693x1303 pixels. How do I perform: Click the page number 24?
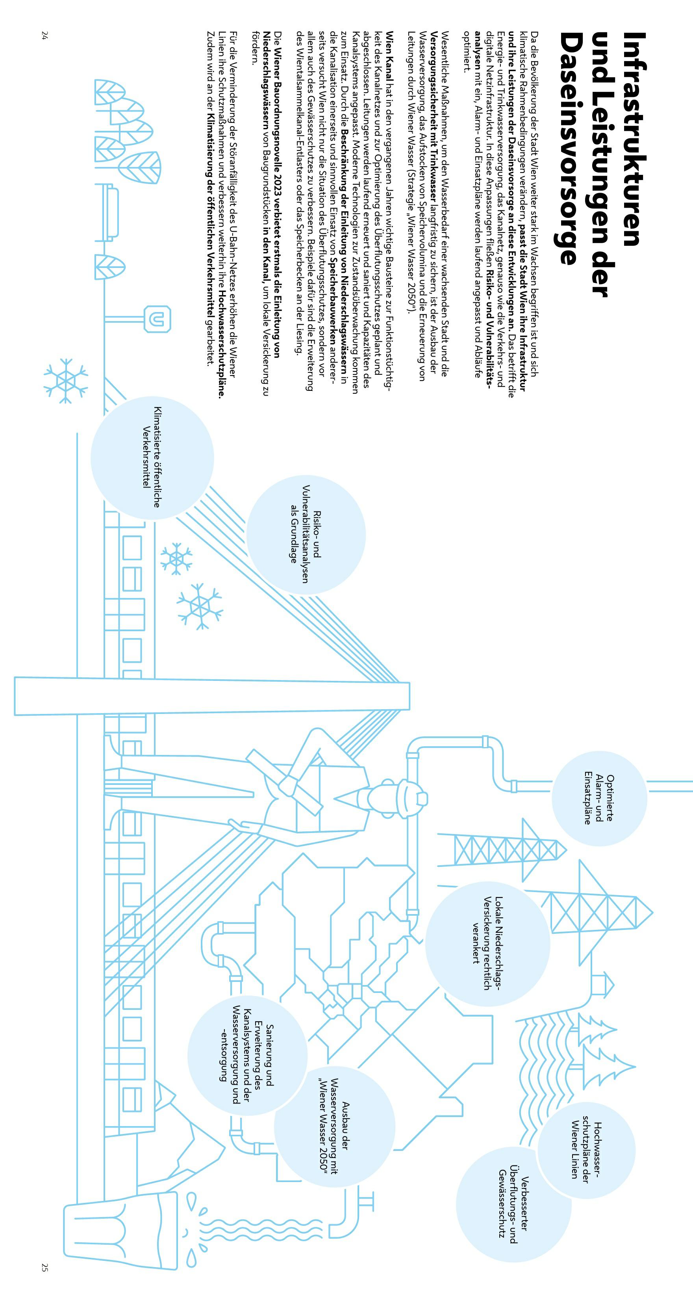click(x=44, y=35)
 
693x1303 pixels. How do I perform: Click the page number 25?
click(x=44, y=1268)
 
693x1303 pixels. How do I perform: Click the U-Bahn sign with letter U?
click(x=158, y=319)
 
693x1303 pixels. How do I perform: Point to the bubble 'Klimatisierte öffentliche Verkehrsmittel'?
click(x=152, y=457)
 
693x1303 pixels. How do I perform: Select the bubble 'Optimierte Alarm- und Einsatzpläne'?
click(x=599, y=798)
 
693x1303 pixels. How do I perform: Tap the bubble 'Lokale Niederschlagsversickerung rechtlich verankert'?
click(x=487, y=943)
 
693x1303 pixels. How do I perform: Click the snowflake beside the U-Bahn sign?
click(x=66, y=381)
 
